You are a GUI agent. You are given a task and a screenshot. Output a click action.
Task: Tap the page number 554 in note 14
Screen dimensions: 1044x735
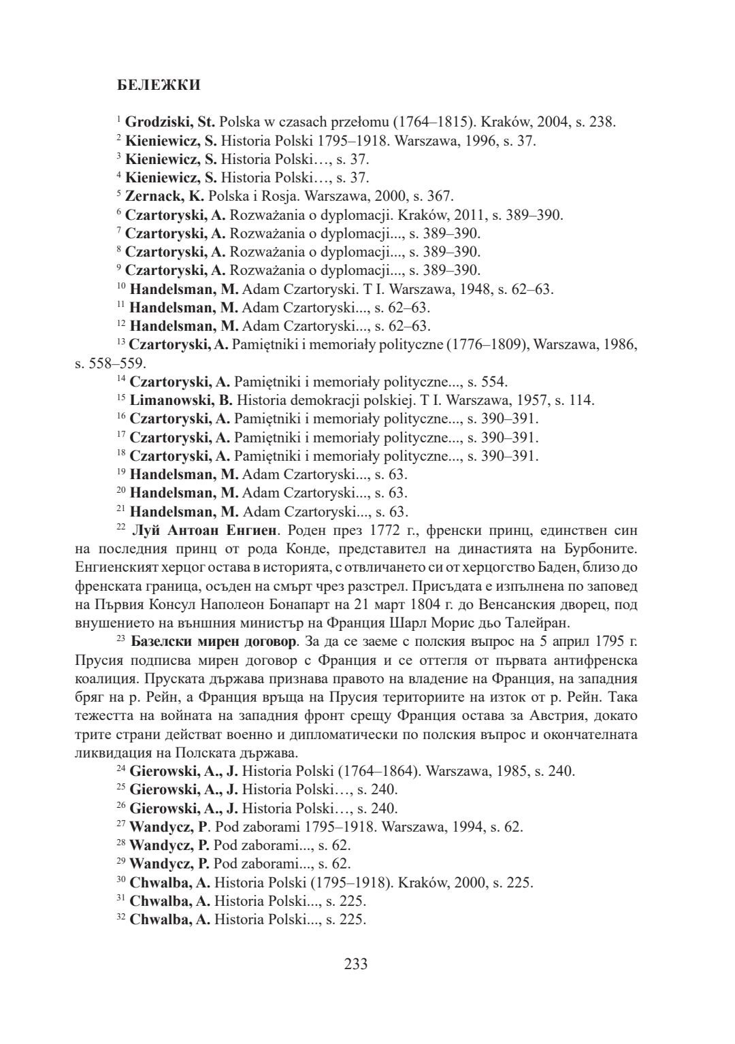[494, 382]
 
